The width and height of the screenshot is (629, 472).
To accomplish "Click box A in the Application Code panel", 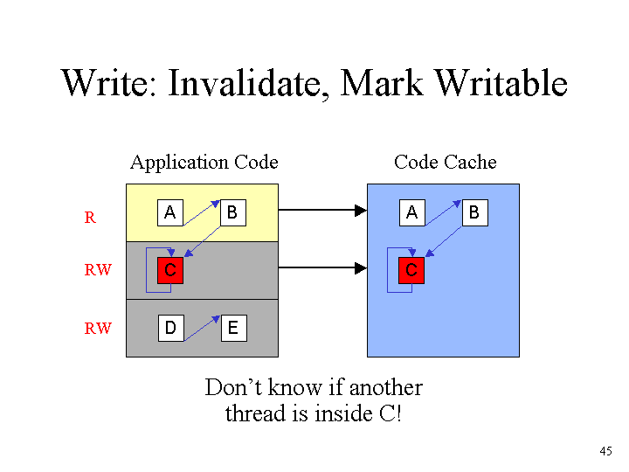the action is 170,212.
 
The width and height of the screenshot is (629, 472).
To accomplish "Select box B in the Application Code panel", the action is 233,212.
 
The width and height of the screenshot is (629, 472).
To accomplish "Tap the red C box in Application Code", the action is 170,270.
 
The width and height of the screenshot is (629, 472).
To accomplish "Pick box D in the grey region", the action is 171,329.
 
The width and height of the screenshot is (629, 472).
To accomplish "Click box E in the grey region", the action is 234,329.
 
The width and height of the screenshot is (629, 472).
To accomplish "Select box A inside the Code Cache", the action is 412,212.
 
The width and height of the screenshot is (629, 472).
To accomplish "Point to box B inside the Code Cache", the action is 475,212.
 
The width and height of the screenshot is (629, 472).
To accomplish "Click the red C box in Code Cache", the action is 411,270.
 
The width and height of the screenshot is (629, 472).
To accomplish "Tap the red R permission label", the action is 90,218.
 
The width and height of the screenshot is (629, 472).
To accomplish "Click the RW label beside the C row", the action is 98,270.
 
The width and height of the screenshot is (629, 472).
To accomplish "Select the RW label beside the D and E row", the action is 98,329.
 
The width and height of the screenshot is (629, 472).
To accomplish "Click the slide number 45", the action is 605,451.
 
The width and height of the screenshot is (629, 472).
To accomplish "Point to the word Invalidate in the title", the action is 248,84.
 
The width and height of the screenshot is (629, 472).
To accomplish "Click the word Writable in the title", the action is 501,83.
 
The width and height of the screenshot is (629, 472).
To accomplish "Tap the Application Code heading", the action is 204,163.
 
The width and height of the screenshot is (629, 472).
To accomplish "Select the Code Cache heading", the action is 446,163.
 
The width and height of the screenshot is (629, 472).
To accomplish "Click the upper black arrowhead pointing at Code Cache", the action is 361,211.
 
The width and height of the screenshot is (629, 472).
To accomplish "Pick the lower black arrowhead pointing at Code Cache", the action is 361,268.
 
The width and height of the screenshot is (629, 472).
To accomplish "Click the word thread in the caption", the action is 257,413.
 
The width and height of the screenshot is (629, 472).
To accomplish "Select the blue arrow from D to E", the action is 202,329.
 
